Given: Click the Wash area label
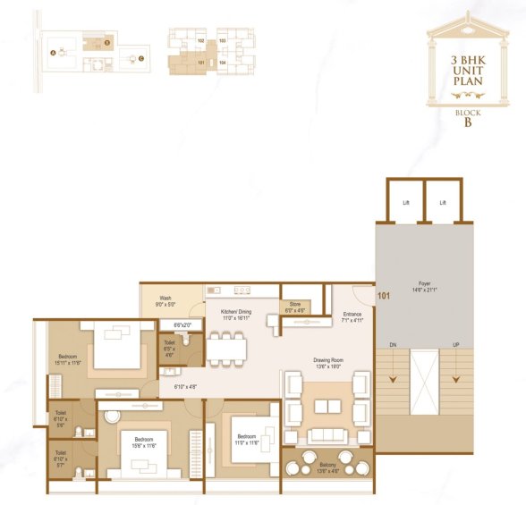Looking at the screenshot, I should pyautogui.click(x=165, y=301).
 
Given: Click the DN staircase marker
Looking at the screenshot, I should pyautogui.click(x=392, y=345).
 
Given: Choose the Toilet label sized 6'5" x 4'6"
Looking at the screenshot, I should pyautogui.click(x=168, y=348).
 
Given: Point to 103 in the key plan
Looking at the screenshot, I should pyautogui.click(x=222, y=42).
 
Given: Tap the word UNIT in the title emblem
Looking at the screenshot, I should pyautogui.click(x=468, y=69).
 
